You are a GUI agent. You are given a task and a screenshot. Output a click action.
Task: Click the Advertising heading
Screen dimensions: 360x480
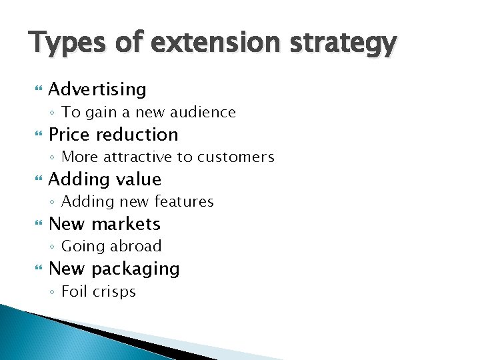click(97, 89)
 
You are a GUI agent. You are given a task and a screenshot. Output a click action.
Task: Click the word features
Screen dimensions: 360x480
click(183, 201)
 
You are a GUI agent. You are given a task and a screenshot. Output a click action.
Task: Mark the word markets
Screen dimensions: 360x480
click(125, 223)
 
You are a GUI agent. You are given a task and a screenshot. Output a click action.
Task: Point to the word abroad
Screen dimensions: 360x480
click(136, 246)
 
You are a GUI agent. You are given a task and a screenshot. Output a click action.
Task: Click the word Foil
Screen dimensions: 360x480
click(73, 291)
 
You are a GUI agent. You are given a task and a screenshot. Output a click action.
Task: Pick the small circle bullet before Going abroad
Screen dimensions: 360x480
click(53, 247)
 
